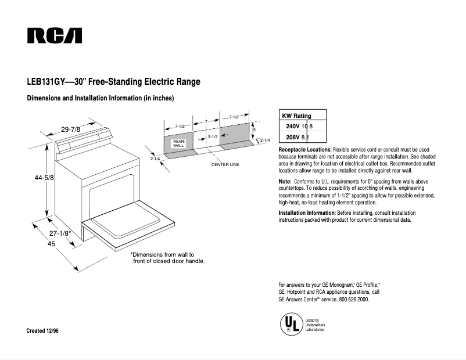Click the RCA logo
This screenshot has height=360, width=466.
(x=55, y=36)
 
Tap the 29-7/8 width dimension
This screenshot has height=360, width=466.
(x=71, y=129)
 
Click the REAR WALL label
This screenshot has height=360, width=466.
(x=178, y=143)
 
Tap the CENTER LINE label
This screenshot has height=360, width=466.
(x=225, y=165)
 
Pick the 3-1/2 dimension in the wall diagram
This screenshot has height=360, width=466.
(x=212, y=136)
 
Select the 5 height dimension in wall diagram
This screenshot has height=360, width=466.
(x=254, y=130)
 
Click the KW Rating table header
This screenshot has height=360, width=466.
(x=296, y=116)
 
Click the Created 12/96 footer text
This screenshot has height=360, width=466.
(x=42, y=330)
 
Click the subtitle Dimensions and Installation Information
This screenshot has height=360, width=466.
(x=101, y=98)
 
